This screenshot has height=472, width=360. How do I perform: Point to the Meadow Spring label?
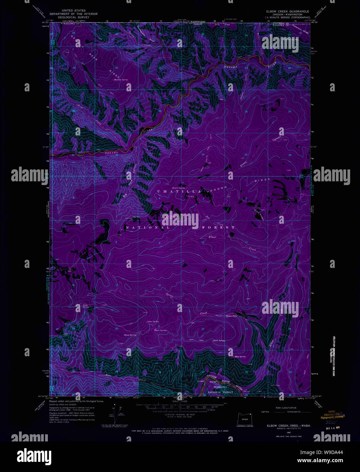click(121, 80)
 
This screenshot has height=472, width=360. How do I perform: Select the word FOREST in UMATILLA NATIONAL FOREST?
click(221, 227)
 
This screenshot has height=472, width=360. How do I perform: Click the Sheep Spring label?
click(130, 335)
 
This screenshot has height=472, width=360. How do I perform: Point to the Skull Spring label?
click(219, 340)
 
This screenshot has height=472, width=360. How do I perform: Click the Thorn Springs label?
click(160, 330)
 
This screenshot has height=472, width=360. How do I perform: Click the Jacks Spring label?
click(85, 306)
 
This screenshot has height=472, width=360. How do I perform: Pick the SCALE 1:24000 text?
click(180, 402)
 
